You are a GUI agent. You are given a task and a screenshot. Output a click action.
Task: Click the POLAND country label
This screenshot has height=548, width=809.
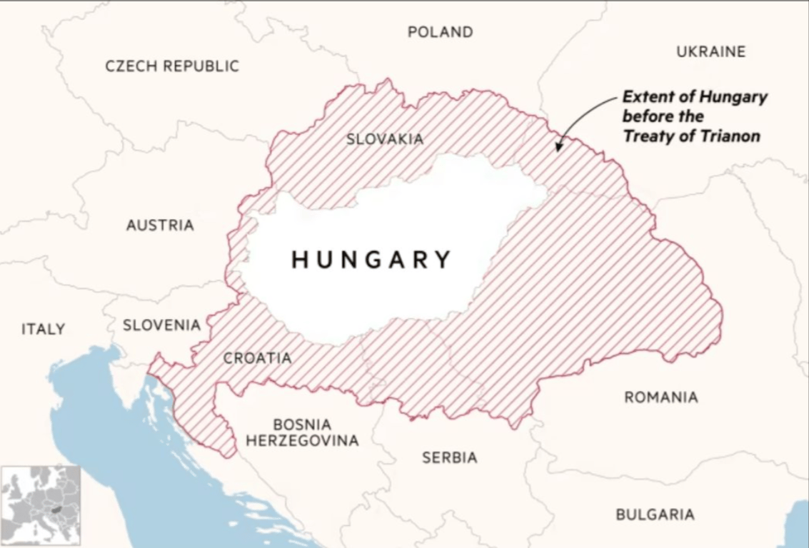click(440, 32)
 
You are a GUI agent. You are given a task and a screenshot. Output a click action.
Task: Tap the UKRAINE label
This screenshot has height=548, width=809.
click(710, 51)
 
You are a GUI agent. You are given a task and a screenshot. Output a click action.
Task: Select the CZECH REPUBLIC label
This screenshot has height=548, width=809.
click(172, 66)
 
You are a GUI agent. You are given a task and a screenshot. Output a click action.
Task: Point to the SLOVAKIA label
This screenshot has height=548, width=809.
click(385, 139)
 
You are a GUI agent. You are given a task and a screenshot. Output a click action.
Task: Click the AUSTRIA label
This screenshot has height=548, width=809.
click(160, 225)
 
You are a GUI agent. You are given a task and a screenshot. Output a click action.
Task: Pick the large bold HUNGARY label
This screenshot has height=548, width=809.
click(372, 259)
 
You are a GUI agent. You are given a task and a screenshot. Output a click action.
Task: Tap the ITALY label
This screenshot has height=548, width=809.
click(43, 329)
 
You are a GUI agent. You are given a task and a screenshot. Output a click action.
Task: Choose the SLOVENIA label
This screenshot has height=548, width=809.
click(161, 325)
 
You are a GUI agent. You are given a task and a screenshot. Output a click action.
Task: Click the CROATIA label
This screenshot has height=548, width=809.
click(257, 358)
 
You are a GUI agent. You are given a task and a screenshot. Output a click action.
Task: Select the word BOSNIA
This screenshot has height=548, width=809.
click(302, 425)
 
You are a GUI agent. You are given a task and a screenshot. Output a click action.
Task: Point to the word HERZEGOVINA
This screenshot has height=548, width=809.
click(302, 441)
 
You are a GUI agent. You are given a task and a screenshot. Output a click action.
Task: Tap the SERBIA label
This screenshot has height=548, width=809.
click(449, 457)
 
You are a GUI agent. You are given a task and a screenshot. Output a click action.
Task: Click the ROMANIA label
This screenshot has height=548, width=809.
click(661, 397)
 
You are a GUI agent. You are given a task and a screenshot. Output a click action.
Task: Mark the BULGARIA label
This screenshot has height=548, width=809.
click(655, 514)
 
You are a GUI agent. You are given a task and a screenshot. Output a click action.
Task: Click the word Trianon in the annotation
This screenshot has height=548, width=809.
click(728, 136)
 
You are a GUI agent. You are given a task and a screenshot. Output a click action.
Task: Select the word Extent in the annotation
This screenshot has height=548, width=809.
click(648, 96)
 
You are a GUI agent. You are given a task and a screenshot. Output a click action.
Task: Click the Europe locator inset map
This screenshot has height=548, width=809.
click(41, 506)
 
